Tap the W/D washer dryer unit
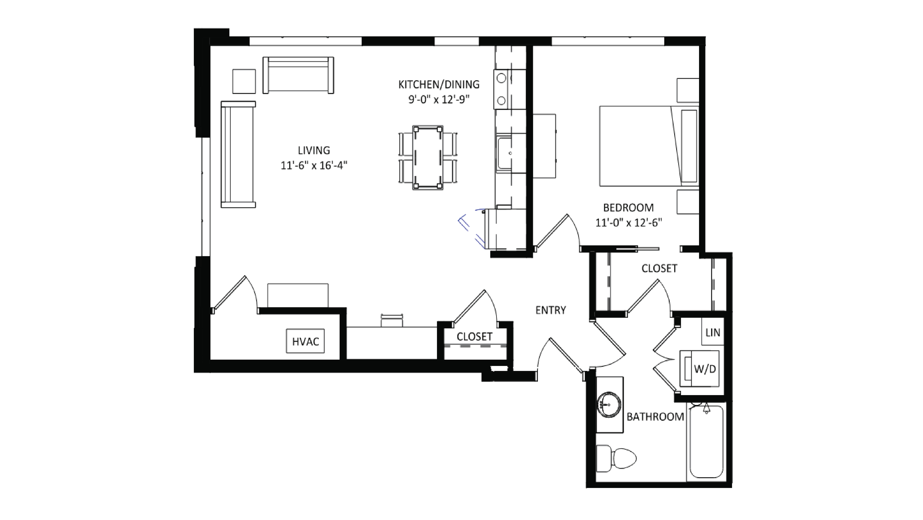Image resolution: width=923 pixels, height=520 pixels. [x=699, y=369]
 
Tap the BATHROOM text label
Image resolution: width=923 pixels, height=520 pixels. [x=655, y=417]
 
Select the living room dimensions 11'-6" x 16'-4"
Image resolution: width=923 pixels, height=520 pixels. [x=314, y=165]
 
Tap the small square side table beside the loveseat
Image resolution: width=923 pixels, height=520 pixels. [x=244, y=81]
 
